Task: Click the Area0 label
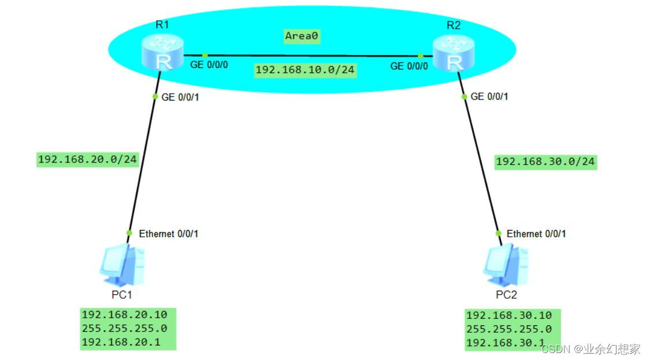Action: [x=302, y=36]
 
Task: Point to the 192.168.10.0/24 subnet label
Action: [x=305, y=70]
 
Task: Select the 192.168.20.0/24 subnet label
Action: [x=88, y=159]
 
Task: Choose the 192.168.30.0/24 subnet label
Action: [x=545, y=162]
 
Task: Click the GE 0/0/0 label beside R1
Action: [x=209, y=65]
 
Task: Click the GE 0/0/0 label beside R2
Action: [x=409, y=66]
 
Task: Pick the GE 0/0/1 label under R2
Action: [x=489, y=97]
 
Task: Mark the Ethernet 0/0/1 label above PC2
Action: [x=536, y=234]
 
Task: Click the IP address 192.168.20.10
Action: [x=124, y=315]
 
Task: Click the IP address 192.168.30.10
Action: [x=509, y=316]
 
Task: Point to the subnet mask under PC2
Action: [x=509, y=329]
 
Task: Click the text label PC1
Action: [x=122, y=295]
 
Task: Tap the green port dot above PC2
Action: [x=499, y=233]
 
